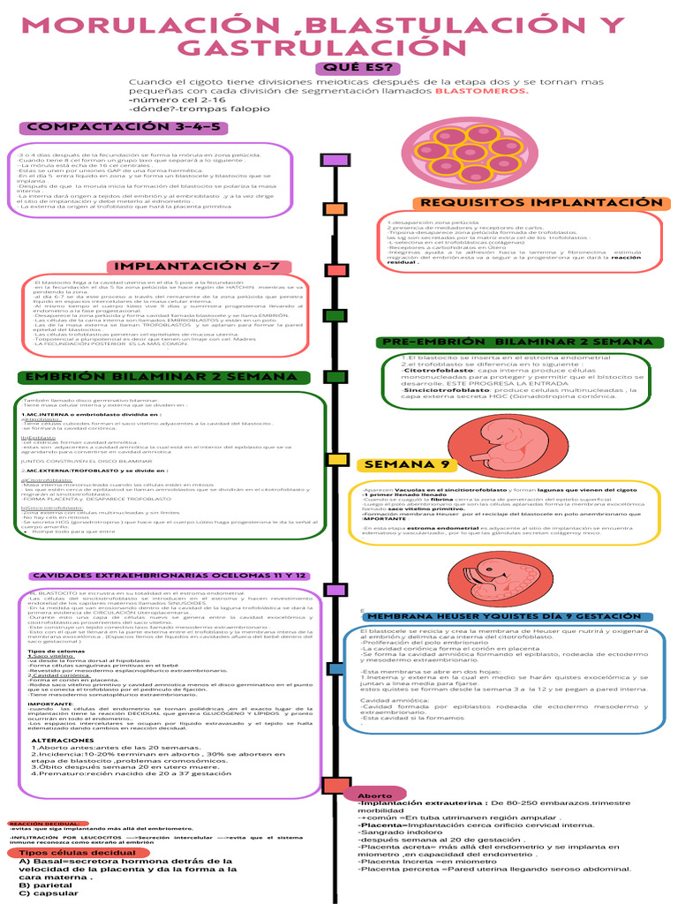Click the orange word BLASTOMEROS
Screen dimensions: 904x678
pyautogui.click(x=481, y=90)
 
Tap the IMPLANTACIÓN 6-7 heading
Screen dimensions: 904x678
pyautogui.click(x=207, y=267)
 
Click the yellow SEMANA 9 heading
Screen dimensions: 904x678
pyautogui.click(x=403, y=465)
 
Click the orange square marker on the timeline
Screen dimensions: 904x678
pyautogui.click(x=335, y=209)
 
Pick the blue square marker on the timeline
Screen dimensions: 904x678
pyautogui.click(x=336, y=668)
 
